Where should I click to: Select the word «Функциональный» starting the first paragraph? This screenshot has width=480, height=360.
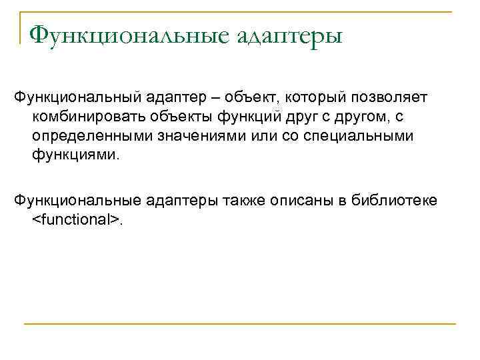pos(75,98)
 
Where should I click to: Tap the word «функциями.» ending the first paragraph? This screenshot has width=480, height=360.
pos(67,155)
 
